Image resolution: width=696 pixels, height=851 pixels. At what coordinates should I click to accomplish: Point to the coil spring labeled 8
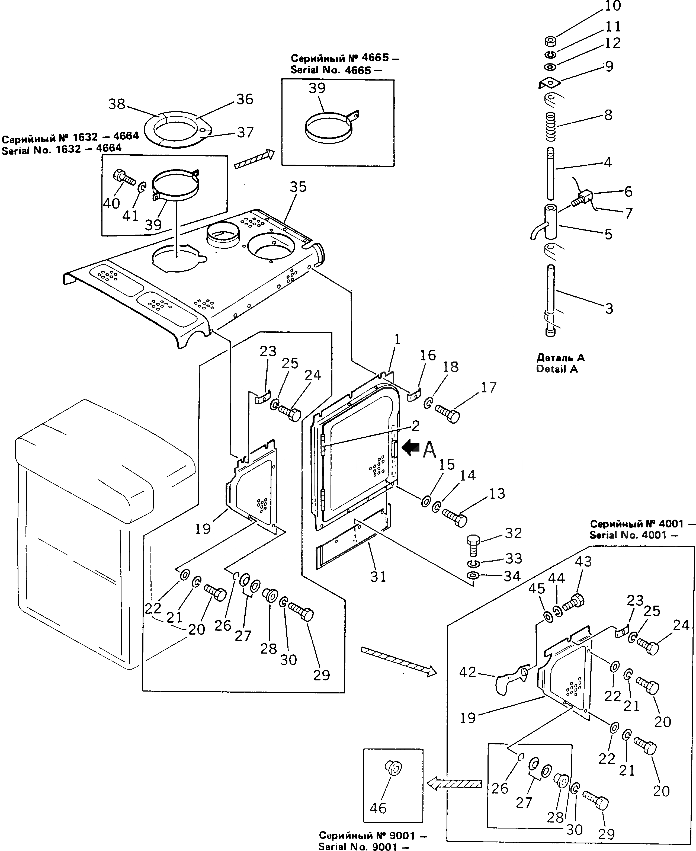(x=551, y=126)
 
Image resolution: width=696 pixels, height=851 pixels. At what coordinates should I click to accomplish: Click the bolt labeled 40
(x=125, y=177)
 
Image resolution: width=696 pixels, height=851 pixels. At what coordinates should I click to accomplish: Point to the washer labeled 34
(x=473, y=576)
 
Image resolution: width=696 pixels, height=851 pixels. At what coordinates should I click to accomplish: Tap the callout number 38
(x=117, y=104)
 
